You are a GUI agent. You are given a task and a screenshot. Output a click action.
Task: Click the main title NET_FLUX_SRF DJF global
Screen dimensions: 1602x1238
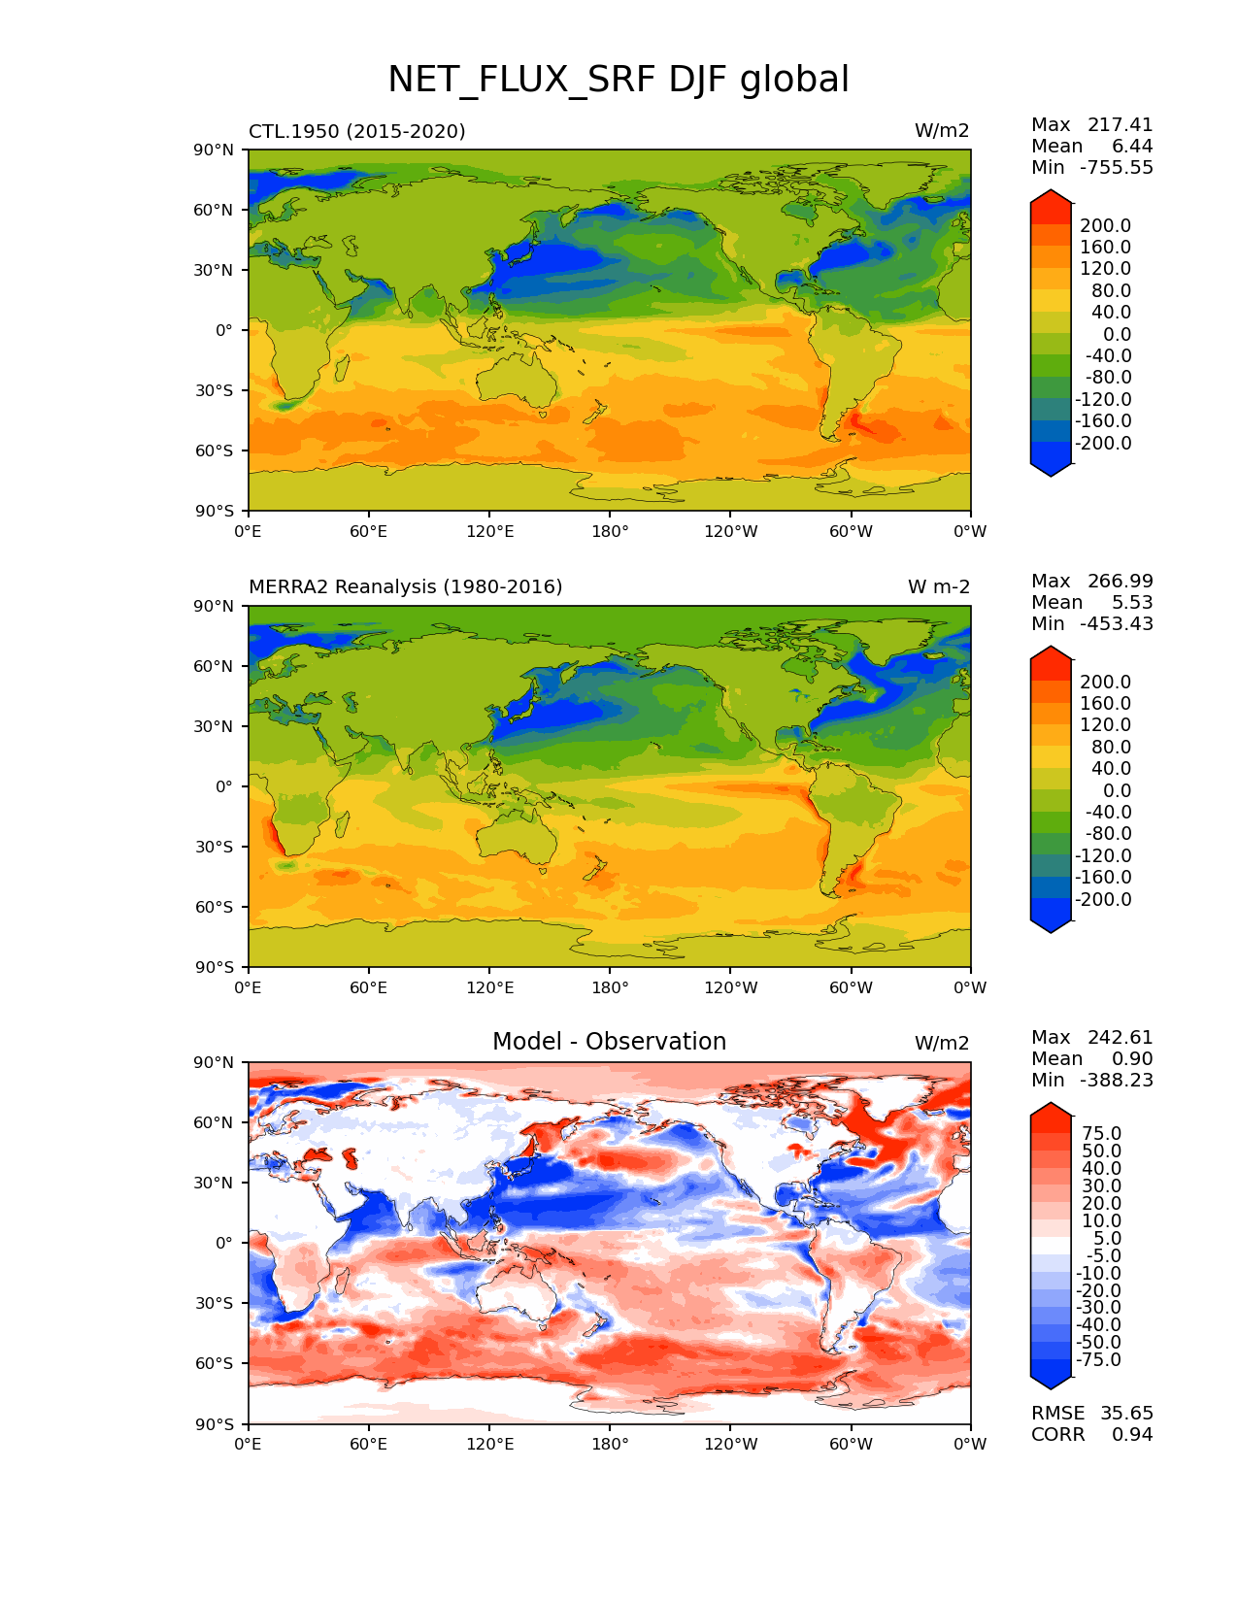point(619,80)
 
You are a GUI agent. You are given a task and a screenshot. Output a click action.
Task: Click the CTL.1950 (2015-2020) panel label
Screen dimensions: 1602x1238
point(356,131)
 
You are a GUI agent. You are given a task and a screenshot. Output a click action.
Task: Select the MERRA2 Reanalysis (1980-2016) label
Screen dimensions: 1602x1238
point(405,587)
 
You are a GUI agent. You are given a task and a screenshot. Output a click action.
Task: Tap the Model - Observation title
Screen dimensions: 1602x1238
point(609,1042)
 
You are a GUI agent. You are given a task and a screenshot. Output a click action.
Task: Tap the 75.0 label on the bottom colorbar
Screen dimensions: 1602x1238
point(1102,1133)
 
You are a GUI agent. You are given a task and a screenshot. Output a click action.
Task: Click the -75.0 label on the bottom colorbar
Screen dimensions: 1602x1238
point(1099,1359)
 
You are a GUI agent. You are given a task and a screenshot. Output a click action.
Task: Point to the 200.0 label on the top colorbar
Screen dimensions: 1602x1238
point(1106,226)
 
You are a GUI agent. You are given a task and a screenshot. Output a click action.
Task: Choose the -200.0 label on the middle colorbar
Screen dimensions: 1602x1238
point(1103,899)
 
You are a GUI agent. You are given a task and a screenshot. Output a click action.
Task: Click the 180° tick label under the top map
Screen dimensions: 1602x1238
point(610,531)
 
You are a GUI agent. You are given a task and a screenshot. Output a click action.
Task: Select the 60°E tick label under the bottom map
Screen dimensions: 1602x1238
point(369,1444)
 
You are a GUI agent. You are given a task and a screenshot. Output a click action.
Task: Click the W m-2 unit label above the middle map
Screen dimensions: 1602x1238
point(938,587)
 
